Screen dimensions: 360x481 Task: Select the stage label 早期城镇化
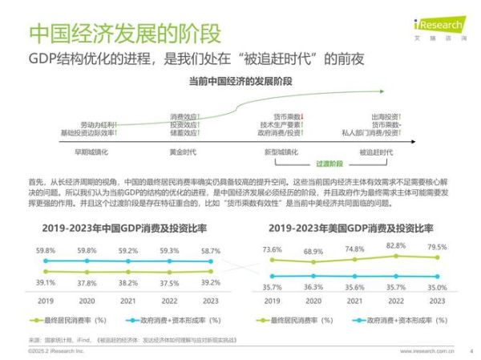(91, 152)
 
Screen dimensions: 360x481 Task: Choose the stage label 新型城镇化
(281, 152)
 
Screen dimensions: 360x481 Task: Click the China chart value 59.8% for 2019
(46, 251)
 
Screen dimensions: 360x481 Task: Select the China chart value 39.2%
(211, 282)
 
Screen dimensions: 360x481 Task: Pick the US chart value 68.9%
(313, 253)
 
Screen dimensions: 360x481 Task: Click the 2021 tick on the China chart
(128, 301)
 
